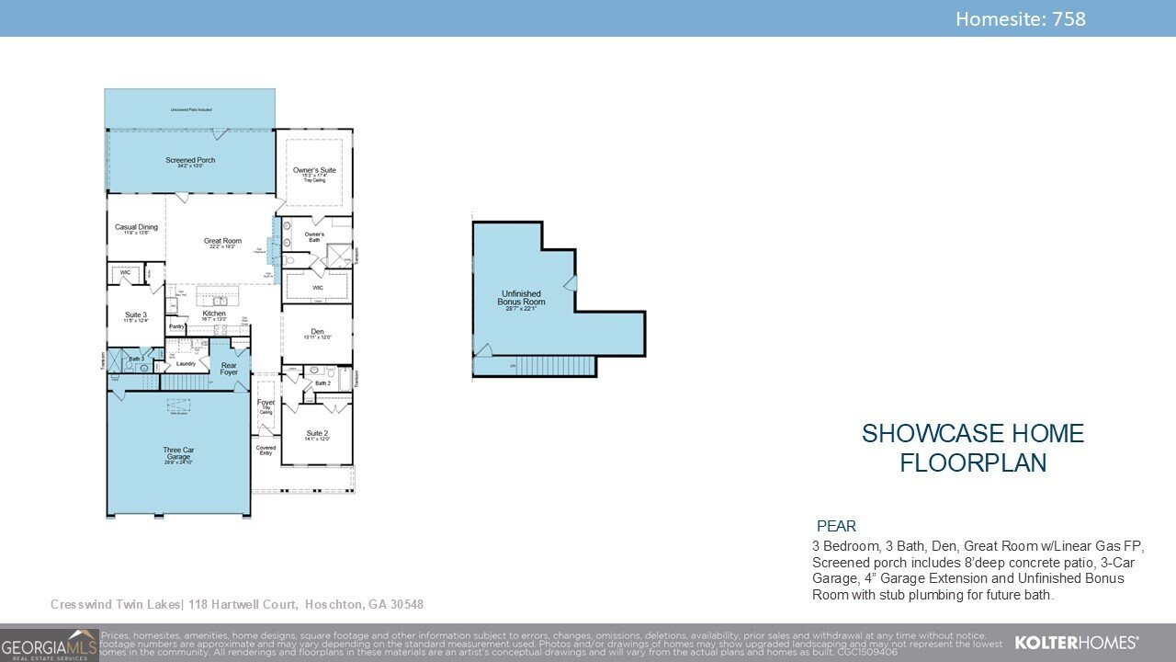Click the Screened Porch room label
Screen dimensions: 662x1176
190,161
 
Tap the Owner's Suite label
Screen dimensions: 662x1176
314,171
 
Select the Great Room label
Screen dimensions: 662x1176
222,242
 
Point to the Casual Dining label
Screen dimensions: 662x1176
136,227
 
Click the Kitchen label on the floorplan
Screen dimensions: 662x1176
214,314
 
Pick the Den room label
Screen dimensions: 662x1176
317,332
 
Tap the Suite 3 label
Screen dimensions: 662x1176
136,315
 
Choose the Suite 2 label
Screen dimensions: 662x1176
317,434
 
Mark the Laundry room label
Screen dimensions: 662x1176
187,363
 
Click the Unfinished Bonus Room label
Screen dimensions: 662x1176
521,298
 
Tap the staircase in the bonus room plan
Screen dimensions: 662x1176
554,366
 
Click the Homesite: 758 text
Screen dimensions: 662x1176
1020,18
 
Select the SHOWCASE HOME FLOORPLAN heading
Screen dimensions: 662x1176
972,448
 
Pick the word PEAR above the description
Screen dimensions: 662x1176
836,527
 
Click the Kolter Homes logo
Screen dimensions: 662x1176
1076,642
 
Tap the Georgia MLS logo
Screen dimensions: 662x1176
49,645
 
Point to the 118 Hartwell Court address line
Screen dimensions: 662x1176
237,604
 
